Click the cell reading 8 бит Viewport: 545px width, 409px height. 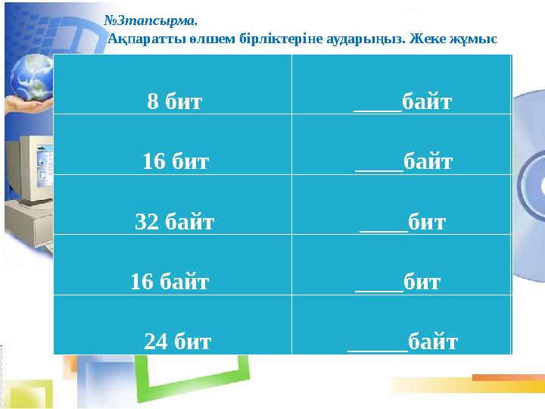point(175,101)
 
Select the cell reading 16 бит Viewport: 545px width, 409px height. point(176,161)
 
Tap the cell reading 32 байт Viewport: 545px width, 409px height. point(175,222)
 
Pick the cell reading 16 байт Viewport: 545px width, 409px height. point(170,283)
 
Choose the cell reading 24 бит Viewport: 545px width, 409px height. point(178,342)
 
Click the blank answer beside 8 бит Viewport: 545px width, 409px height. point(378,104)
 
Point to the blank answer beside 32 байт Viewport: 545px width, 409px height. point(383,225)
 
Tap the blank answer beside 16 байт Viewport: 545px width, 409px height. point(378,286)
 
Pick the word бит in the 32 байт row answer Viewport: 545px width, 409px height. point(427,222)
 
